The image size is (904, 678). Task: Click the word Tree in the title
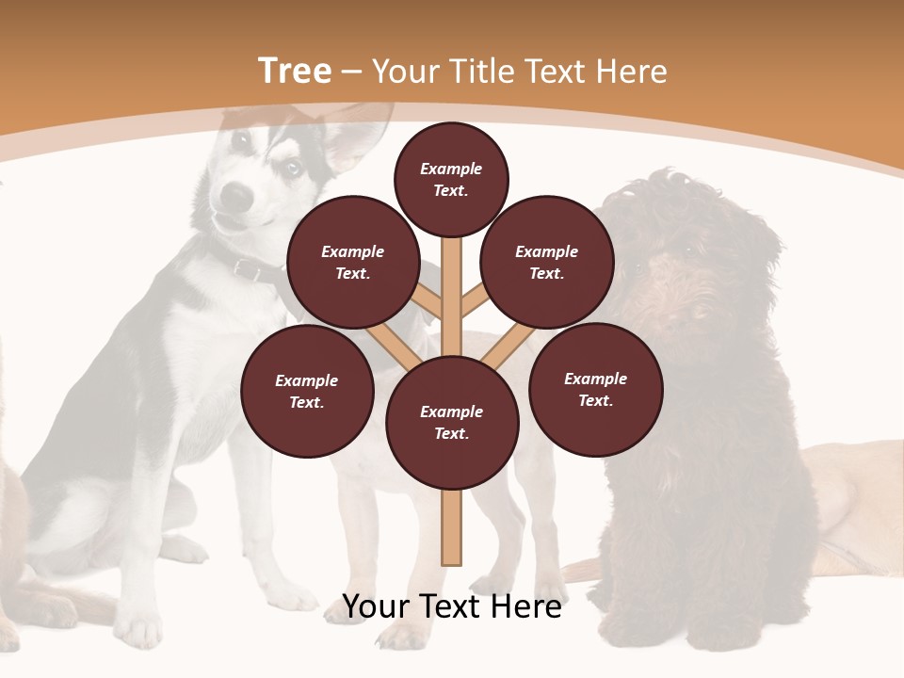click(x=294, y=72)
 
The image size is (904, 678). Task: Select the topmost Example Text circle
click(x=451, y=179)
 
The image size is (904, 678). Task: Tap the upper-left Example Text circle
click(x=353, y=262)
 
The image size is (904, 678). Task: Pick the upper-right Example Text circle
click(x=547, y=262)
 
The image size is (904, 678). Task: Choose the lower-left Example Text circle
click(x=307, y=391)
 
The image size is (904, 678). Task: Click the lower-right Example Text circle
click(x=595, y=389)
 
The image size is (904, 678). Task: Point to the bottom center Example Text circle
click(x=452, y=422)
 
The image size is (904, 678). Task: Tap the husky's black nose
click(x=238, y=196)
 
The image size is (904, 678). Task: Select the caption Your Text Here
click(x=452, y=606)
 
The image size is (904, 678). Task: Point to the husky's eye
click(x=293, y=168)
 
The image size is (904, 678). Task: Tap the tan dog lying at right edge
click(x=857, y=499)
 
